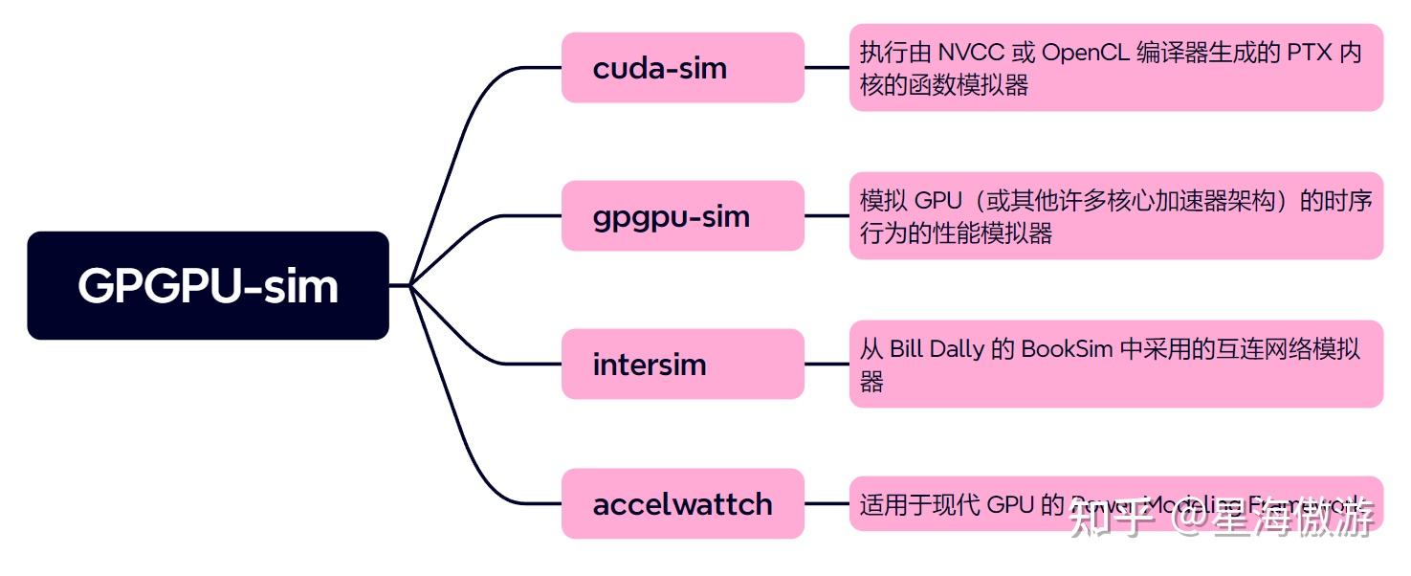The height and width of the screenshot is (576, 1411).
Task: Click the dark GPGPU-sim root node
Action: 208,285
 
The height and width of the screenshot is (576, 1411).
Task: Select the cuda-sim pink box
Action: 682,68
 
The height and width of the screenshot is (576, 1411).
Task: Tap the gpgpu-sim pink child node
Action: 682,216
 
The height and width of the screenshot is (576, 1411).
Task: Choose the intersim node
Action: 682,365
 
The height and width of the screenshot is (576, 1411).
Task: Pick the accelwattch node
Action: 682,503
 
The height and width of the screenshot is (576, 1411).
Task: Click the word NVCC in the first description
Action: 970,53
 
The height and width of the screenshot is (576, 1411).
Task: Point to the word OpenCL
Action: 1085,53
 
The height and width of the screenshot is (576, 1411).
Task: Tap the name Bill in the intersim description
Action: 908,349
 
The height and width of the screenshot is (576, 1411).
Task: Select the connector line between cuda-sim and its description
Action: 827,68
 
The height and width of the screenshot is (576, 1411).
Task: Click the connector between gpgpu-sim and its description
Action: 827,216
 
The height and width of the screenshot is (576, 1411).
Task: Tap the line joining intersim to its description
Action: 827,365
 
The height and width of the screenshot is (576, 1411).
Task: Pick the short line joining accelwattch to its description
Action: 827,503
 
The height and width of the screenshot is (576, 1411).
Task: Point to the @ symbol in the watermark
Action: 1190,519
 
